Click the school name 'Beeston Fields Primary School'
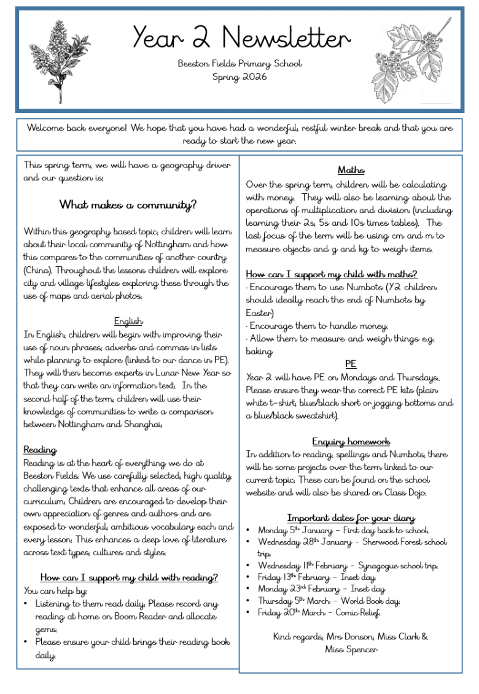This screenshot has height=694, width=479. pyautogui.click(x=240, y=64)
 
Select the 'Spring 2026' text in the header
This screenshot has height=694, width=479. pyautogui.click(x=240, y=77)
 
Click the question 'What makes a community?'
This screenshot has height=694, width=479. pyautogui.click(x=128, y=204)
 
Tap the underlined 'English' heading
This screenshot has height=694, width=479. pyautogui.click(x=128, y=321)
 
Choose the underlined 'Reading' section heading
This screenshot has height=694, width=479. pyautogui.click(x=40, y=450)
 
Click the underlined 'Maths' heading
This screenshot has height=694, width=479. pyautogui.click(x=351, y=170)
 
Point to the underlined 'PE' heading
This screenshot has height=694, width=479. pyautogui.click(x=351, y=364)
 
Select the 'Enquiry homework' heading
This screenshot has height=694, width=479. pyautogui.click(x=351, y=441)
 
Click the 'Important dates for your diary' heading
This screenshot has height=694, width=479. pyautogui.click(x=351, y=518)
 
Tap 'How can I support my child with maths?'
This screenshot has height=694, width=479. pyautogui.click(x=332, y=274)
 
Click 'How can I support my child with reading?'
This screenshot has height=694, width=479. pyautogui.click(x=129, y=577)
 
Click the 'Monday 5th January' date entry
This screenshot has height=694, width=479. pyautogui.click(x=296, y=530)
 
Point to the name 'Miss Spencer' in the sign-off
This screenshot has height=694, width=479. pyautogui.click(x=351, y=649)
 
